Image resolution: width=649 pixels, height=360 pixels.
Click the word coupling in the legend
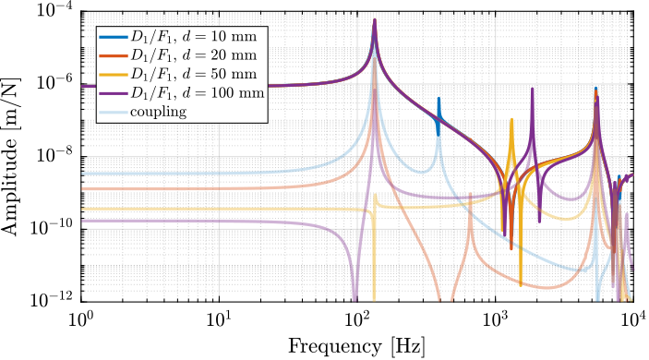click(x=159, y=113)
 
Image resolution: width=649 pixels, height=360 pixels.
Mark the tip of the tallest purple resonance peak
click(x=374, y=19)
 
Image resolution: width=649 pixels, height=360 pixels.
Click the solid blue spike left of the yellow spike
click(x=439, y=99)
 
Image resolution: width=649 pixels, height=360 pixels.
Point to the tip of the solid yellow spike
click(x=512, y=119)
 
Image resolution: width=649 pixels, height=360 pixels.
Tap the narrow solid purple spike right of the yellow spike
click(x=533, y=90)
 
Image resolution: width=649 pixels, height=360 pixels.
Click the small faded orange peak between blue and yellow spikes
click(x=471, y=194)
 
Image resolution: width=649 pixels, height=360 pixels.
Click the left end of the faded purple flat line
click(x=83, y=222)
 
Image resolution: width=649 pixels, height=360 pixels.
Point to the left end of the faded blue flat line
click(x=83, y=174)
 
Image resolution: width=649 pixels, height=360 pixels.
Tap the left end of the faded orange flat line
click(x=83, y=188)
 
